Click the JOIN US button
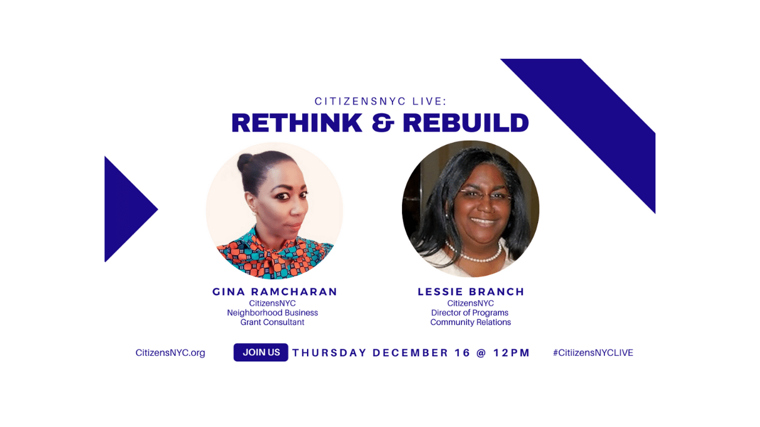(261, 352)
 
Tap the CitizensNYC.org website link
(170, 353)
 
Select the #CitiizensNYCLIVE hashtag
(593, 353)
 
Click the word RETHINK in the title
(297, 122)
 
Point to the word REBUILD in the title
(466, 122)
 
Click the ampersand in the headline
(383, 122)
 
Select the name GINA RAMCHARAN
(275, 292)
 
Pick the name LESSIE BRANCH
(471, 292)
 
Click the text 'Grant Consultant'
(273, 322)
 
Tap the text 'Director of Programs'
(470, 313)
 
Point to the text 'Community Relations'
(471, 322)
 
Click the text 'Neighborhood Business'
(273, 313)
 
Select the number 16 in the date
(463, 353)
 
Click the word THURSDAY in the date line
(330, 353)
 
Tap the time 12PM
(511, 353)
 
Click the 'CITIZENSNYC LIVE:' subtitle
(381, 101)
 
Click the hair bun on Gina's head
(245, 162)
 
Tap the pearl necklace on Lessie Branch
(475, 255)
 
